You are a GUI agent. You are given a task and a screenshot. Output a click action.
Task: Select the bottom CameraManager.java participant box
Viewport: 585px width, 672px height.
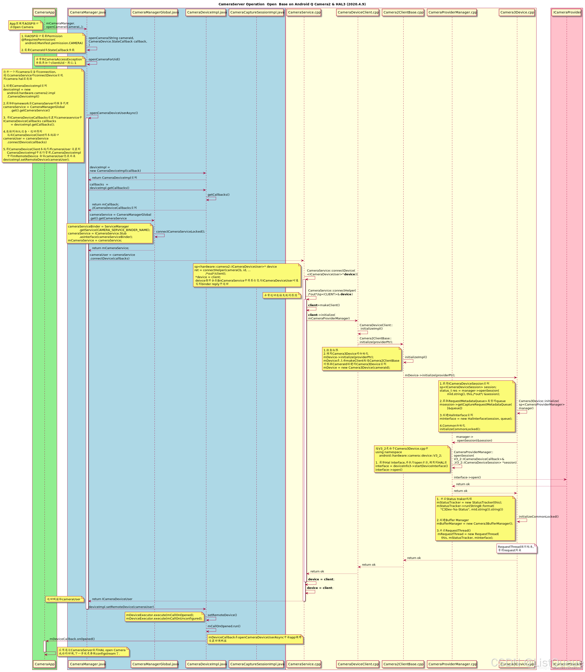87,664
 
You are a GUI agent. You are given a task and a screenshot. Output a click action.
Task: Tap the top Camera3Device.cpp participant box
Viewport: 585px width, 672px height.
517,12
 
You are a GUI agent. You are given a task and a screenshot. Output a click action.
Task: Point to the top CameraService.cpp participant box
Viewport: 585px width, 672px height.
304,12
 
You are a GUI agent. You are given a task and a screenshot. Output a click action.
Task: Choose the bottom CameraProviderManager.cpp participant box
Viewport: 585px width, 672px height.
452,664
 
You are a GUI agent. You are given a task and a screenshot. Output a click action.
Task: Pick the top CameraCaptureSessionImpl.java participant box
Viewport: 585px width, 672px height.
257,12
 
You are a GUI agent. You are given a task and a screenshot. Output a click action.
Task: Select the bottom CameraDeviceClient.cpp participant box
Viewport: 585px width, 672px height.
358,664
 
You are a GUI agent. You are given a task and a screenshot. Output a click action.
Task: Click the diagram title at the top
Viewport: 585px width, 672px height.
292,4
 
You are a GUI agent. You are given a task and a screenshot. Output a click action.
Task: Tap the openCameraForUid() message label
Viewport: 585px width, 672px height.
104,59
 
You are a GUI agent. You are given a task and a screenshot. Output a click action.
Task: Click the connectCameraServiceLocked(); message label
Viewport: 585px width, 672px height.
181,231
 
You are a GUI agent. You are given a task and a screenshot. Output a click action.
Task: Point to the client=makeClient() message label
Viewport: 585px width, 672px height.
324,305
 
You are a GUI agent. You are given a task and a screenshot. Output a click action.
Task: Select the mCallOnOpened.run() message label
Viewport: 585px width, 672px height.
224,626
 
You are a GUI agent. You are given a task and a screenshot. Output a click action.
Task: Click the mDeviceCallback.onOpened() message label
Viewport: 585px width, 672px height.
72,639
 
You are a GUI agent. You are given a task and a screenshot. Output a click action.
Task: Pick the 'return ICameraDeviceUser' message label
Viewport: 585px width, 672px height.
112,599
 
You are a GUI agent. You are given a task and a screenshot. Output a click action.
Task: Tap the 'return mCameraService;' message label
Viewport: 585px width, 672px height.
110,248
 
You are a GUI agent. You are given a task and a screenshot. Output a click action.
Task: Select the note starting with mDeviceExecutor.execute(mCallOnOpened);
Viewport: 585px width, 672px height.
165,617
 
